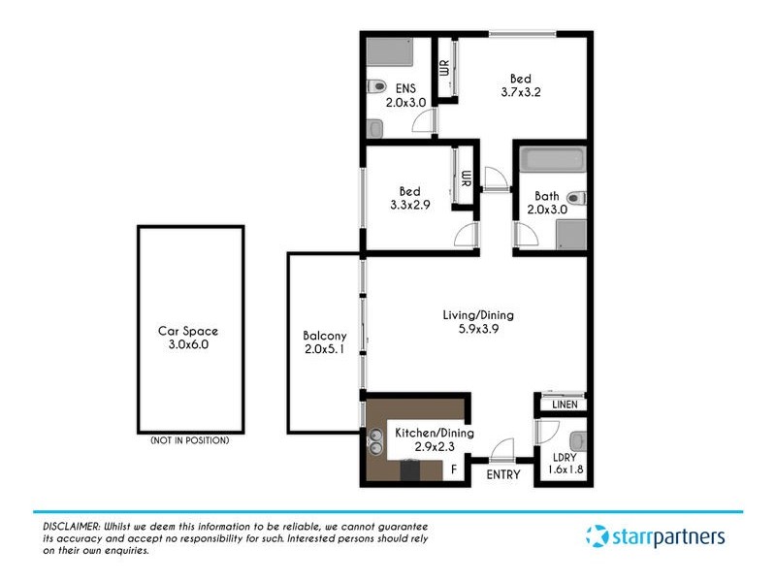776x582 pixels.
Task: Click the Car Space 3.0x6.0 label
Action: pyautogui.click(x=189, y=337)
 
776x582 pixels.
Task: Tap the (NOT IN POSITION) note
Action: pyautogui.click(x=189, y=441)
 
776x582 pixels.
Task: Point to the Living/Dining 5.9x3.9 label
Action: pyautogui.click(x=477, y=321)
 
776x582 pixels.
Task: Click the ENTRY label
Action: pyautogui.click(x=502, y=474)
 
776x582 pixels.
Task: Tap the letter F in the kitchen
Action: pyautogui.click(x=453, y=470)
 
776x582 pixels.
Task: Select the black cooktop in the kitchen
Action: pyautogui.click(x=410, y=470)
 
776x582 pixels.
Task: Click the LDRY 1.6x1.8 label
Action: pyautogui.click(x=564, y=464)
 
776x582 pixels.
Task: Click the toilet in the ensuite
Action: pyautogui.click(x=378, y=85)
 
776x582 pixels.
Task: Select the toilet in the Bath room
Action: pyautogui.click(x=576, y=198)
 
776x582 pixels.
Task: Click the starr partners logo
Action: pyautogui.click(x=655, y=535)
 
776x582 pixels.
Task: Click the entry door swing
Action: pyautogui.click(x=502, y=449)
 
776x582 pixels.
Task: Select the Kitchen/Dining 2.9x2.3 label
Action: pyautogui.click(x=434, y=439)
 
